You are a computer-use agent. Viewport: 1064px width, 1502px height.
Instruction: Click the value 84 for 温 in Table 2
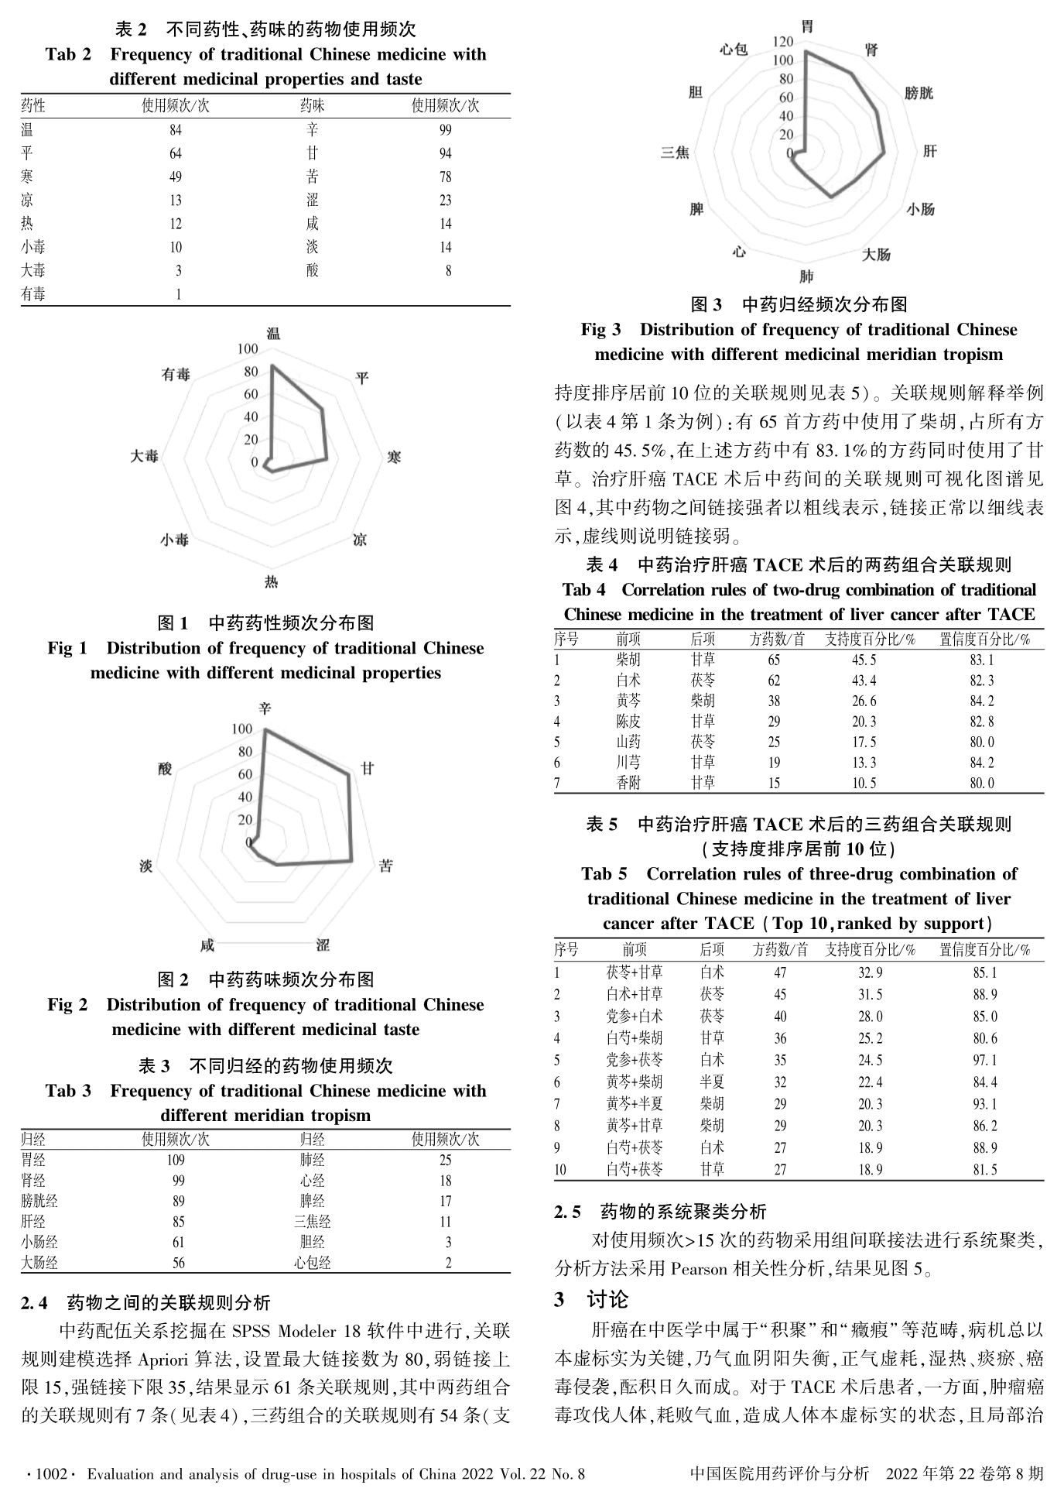point(176,130)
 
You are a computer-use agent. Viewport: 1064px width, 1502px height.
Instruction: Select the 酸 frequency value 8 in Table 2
point(447,271)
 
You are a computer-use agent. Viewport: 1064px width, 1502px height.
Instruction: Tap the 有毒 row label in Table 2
point(33,294)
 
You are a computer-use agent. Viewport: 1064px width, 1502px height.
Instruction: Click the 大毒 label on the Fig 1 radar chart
point(144,457)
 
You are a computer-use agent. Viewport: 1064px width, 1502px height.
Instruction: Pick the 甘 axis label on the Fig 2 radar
point(368,768)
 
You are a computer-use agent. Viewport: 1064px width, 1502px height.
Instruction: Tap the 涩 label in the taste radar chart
point(323,945)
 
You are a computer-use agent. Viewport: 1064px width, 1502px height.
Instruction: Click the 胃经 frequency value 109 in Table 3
point(176,1161)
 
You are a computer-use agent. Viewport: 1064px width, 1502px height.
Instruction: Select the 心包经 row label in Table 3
point(312,1263)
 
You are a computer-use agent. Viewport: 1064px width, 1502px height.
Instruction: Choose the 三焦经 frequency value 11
point(446,1222)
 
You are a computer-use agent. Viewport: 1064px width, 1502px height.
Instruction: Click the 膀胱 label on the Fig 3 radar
point(919,93)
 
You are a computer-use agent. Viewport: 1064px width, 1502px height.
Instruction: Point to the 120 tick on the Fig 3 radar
point(783,41)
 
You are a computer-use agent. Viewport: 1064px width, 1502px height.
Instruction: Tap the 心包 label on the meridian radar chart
point(733,50)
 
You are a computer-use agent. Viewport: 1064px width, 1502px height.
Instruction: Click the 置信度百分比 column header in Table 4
point(984,640)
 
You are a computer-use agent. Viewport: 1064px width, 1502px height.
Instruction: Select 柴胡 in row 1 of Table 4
point(628,660)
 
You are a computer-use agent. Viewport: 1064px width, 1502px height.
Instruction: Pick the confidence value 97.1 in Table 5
point(984,1060)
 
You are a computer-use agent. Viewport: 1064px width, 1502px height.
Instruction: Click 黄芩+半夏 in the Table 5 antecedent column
point(634,1103)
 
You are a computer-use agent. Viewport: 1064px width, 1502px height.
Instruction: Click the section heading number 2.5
point(567,1212)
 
